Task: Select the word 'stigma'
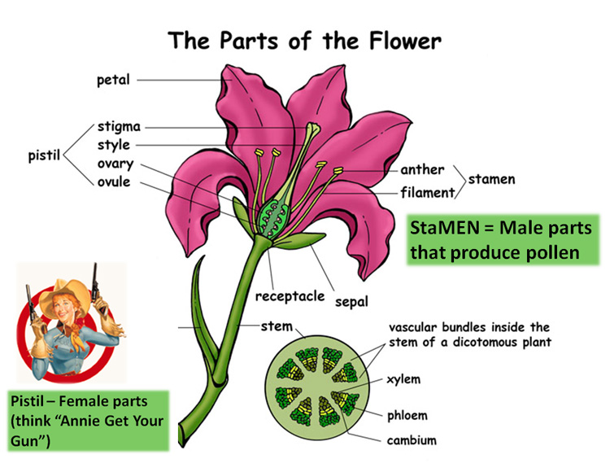[119, 127]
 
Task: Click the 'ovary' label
[117, 164]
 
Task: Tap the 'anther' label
[422, 170]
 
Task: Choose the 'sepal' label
[351, 300]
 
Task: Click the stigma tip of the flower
[312, 129]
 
